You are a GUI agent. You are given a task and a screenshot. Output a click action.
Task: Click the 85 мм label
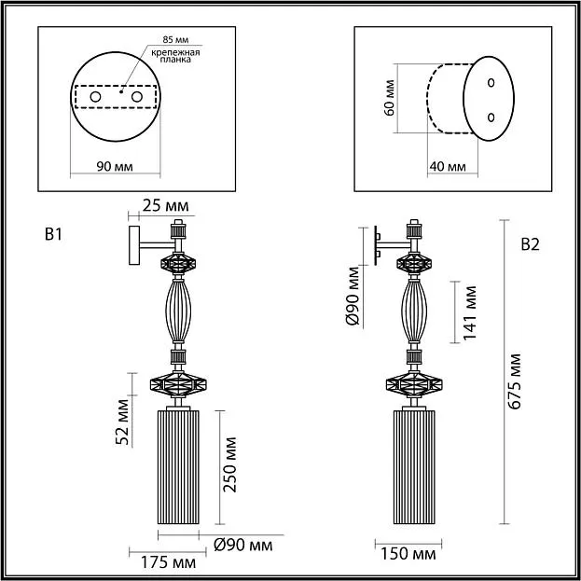tap(175, 40)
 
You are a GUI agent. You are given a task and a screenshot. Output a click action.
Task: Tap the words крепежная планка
tap(175, 56)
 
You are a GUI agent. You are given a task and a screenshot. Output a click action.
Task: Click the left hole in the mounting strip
tap(95, 97)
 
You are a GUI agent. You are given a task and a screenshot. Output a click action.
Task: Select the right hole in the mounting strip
tap(137, 97)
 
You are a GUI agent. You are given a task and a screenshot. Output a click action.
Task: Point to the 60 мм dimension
tap(390, 98)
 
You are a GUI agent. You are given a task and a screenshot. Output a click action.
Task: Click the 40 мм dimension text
tap(448, 167)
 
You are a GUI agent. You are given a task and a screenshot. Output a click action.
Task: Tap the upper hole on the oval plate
tap(491, 83)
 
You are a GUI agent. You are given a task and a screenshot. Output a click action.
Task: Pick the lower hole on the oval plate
tap(491, 118)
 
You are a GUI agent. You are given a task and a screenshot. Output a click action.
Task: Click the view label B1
tap(53, 234)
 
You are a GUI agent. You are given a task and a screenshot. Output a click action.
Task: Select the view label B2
tap(531, 244)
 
